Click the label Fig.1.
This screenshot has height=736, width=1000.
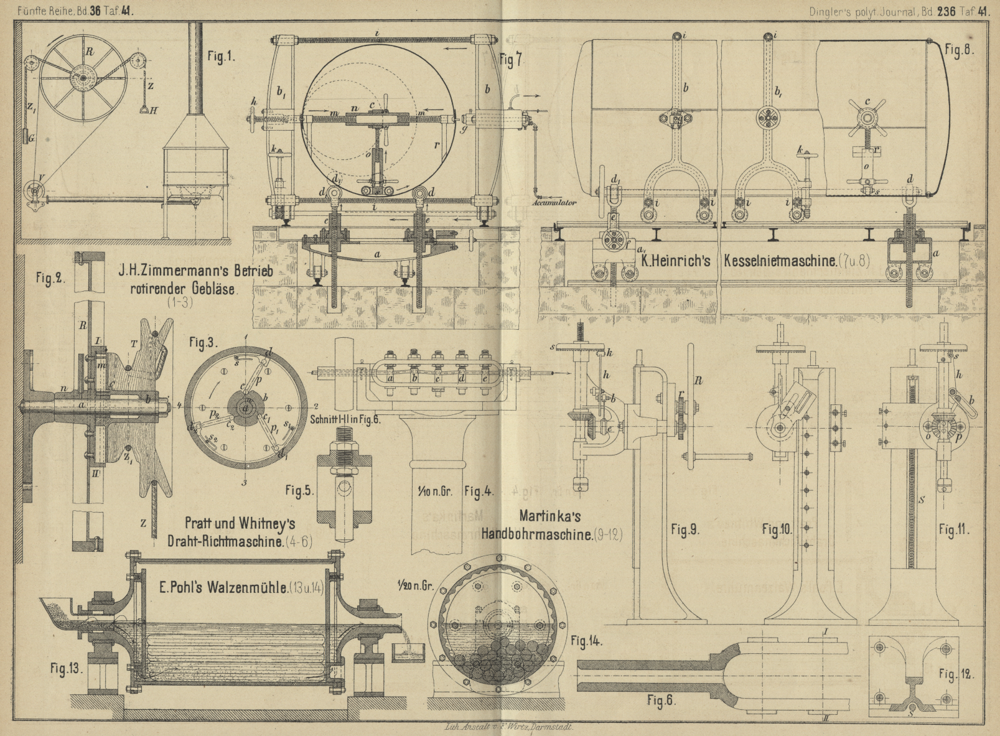click(x=221, y=57)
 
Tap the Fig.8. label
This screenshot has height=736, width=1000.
click(x=959, y=50)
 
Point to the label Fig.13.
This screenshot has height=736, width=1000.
click(x=65, y=669)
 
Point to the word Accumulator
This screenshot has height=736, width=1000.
click(x=554, y=202)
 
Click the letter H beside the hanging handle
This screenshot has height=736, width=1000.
click(x=154, y=110)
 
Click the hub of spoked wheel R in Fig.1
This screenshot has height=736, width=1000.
click(x=82, y=80)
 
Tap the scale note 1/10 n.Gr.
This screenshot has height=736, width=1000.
click(x=435, y=491)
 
